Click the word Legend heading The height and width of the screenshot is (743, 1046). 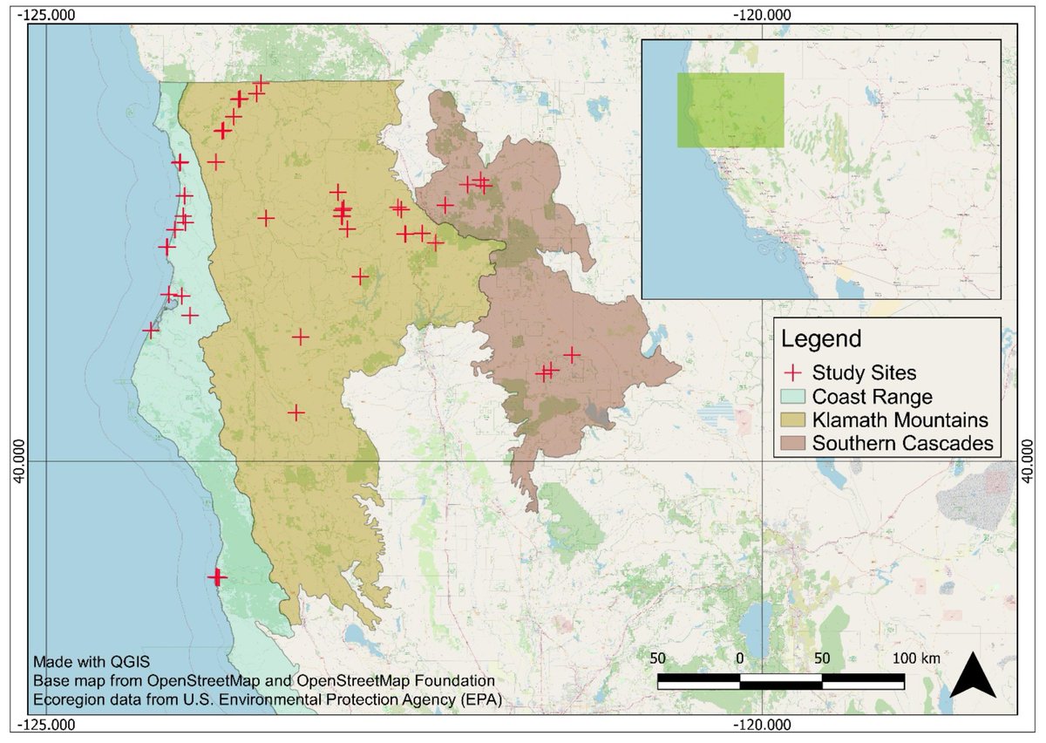(821, 338)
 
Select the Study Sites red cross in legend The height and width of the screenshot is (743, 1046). (793, 372)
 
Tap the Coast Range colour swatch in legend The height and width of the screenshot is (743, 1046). (793, 396)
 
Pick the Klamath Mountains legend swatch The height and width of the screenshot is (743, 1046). (793, 419)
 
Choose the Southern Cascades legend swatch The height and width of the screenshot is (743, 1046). (793, 443)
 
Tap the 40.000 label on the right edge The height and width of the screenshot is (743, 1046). (1029, 460)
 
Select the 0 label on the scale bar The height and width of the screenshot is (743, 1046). (740, 658)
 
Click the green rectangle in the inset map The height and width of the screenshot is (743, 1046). (730, 110)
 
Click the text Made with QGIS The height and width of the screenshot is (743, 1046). (75, 660)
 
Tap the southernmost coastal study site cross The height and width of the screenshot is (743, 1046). (217, 576)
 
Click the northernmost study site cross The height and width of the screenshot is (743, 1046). (260, 85)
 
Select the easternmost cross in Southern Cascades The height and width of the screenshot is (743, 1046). (572, 355)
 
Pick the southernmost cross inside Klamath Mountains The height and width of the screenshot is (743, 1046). (297, 412)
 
